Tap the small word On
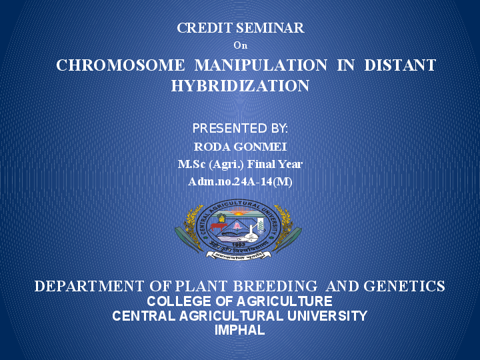[240, 45]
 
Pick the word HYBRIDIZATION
[240, 86]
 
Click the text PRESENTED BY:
[240, 128]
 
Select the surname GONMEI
[260, 147]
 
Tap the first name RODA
[209, 147]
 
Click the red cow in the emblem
[218, 225]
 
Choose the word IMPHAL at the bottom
[240, 330]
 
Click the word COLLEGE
[178, 301]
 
